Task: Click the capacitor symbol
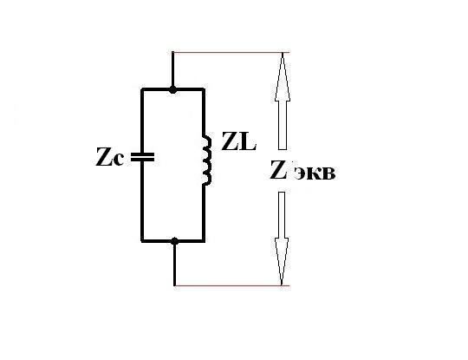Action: [142, 157]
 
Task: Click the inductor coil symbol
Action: [207, 160]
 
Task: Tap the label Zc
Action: [109, 157]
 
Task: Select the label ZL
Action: [239, 141]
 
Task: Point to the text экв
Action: [315, 173]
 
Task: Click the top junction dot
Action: [172, 89]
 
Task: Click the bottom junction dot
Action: [175, 241]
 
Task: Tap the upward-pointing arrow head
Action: [283, 77]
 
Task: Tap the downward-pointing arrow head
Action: [282, 261]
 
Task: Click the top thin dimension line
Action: [231, 53]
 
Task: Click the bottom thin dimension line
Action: [232, 285]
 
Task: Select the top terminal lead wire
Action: [172, 70]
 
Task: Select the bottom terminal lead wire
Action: [174, 263]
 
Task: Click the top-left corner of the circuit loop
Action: [142, 89]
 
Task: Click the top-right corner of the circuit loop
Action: [204, 89]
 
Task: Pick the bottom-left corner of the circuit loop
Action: [142, 240]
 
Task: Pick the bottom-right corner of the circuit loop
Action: [204, 240]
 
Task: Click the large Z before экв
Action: [278, 170]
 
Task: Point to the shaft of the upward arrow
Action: [283, 126]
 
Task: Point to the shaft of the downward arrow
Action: [282, 215]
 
